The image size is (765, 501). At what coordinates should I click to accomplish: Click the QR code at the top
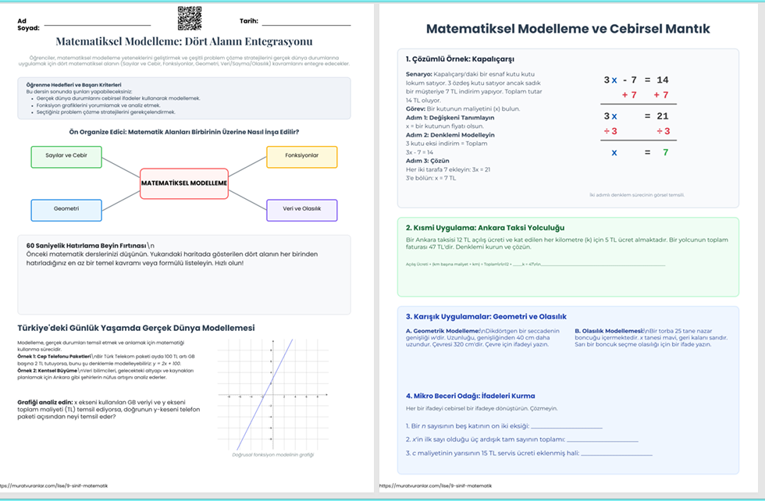click(189, 18)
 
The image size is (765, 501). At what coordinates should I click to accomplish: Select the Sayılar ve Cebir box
click(66, 157)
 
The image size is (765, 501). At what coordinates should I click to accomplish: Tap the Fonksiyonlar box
click(301, 157)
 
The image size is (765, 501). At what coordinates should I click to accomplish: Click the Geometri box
click(66, 210)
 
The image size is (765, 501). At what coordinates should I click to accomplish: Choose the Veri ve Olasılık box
click(301, 210)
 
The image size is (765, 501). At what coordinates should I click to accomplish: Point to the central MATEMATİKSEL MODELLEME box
click(184, 183)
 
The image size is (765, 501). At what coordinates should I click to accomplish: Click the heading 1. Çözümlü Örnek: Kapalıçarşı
click(460, 59)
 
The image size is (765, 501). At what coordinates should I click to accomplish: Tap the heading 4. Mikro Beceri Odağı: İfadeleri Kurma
click(470, 396)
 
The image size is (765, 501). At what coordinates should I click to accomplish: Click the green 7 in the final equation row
click(665, 152)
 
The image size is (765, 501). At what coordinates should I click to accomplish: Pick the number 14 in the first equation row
click(662, 80)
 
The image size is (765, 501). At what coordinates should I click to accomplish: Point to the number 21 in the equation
click(662, 115)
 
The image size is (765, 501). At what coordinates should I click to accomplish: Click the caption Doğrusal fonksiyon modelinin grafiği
click(272, 454)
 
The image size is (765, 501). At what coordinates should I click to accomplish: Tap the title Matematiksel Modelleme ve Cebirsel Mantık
click(568, 29)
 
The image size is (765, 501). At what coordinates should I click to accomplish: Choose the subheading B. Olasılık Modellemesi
click(608, 331)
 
